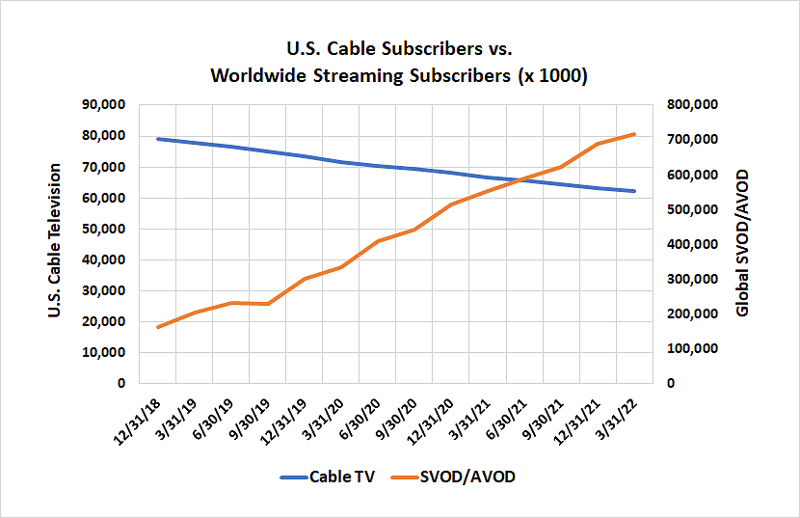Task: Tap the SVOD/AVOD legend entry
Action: (459, 477)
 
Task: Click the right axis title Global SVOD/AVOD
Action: (742, 244)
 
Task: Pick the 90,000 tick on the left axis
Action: (105, 104)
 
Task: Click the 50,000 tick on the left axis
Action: (105, 229)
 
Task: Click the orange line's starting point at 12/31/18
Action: (157, 327)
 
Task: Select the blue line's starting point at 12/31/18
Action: (157, 139)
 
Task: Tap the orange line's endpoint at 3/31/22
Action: (634, 134)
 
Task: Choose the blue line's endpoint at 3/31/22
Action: (634, 191)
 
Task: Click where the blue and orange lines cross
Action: (525, 180)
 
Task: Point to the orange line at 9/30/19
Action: (267, 304)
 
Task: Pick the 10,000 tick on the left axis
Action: (105, 352)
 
